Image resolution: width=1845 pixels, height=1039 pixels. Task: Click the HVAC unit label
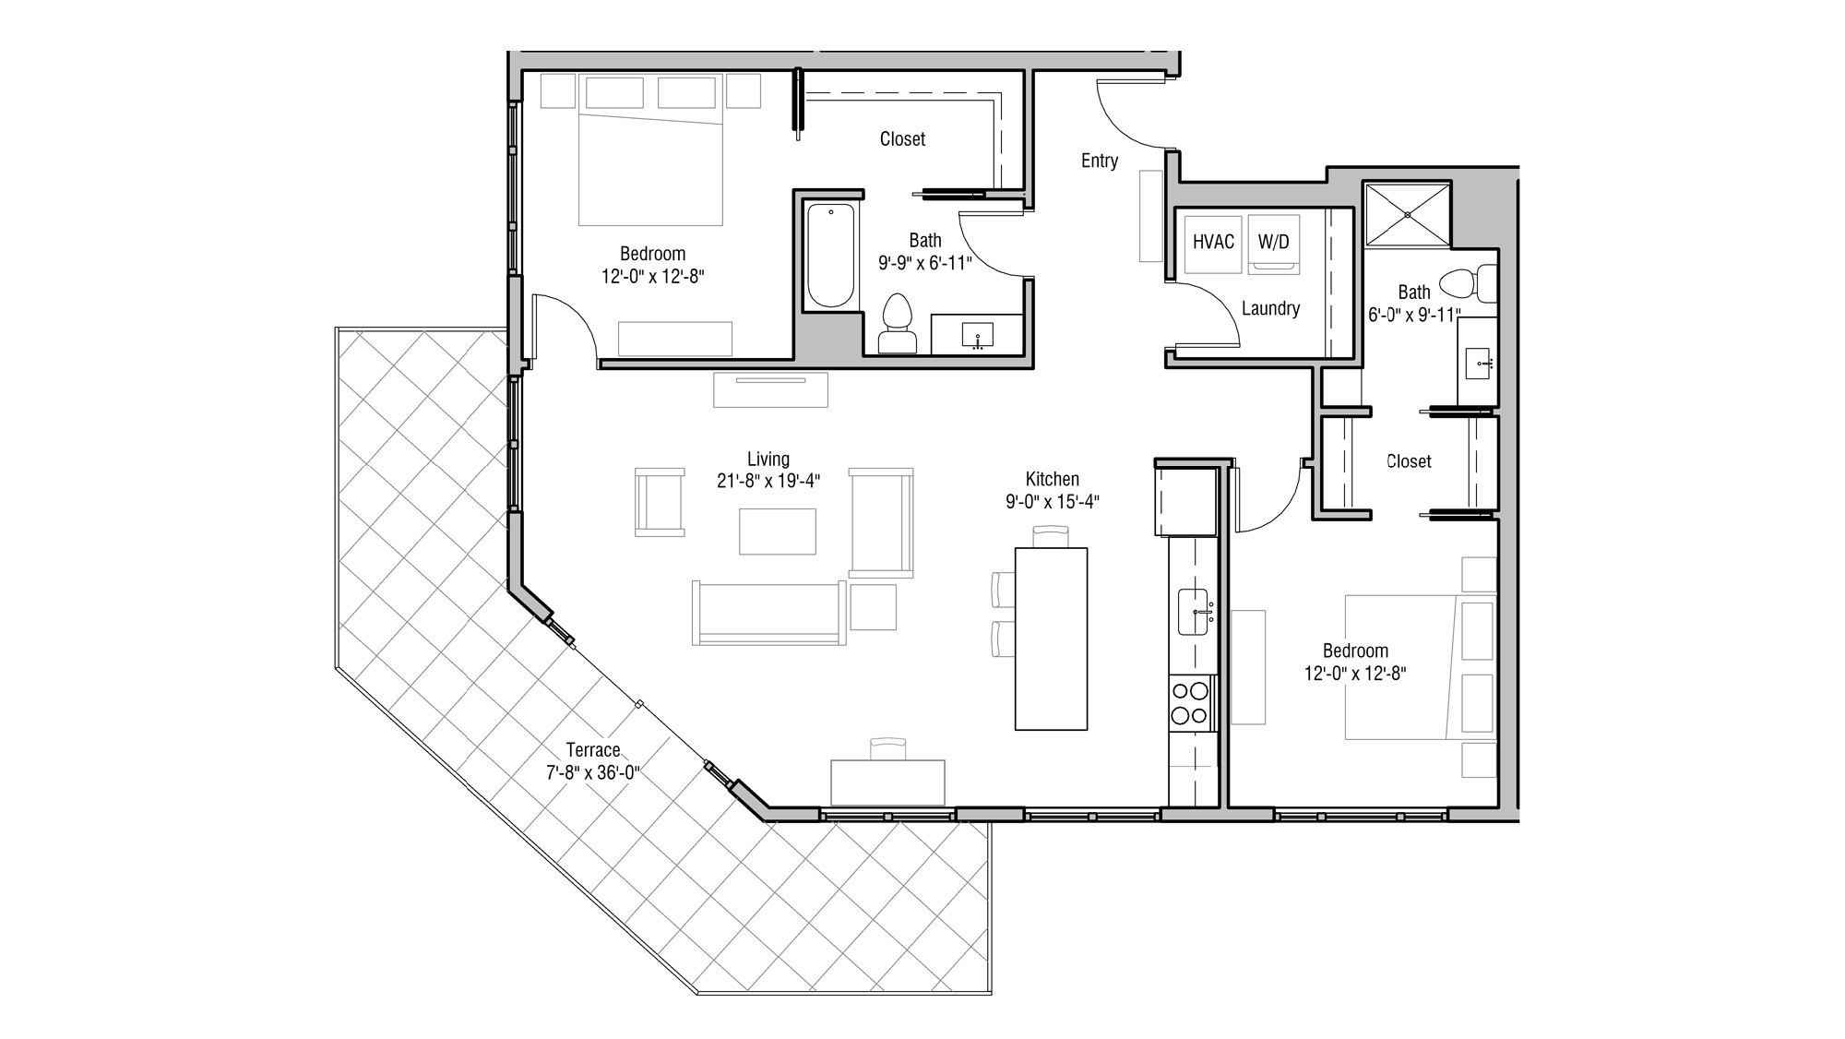pyautogui.click(x=1212, y=242)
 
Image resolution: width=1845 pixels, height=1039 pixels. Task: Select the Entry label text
pyautogui.click(x=1099, y=161)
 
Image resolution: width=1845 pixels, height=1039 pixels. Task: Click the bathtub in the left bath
pyautogui.click(x=830, y=256)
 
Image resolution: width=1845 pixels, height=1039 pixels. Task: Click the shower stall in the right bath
pyautogui.click(x=1407, y=215)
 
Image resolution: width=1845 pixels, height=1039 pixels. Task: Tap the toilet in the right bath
pyautogui.click(x=1470, y=283)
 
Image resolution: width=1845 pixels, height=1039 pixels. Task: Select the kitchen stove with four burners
pyautogui.click(x=1190, y=702)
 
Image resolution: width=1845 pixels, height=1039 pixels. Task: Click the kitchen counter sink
pyautogui.click(x=1194, y=612)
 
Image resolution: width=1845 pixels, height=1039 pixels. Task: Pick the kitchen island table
pyautogui.click(x=1051, y=639)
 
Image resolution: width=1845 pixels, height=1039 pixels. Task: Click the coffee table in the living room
pyautogui.click(x=777, y=531)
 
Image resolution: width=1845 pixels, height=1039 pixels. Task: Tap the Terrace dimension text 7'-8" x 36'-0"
pyautogui.click(x=592, y=772)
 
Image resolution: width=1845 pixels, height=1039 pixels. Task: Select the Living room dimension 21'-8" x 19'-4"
pyautogui.click(x=768, y=481)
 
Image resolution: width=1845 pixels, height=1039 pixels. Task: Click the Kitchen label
pyautogui.click(x=1052, y=479)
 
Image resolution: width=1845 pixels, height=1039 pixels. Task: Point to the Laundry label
pyautogui.click(x=1270, y=308)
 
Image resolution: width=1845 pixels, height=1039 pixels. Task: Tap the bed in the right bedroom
pyautogui.click(x=1401, y=667)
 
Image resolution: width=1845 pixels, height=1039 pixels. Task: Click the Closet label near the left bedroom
pyautogui.click(x=901, y=138)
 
